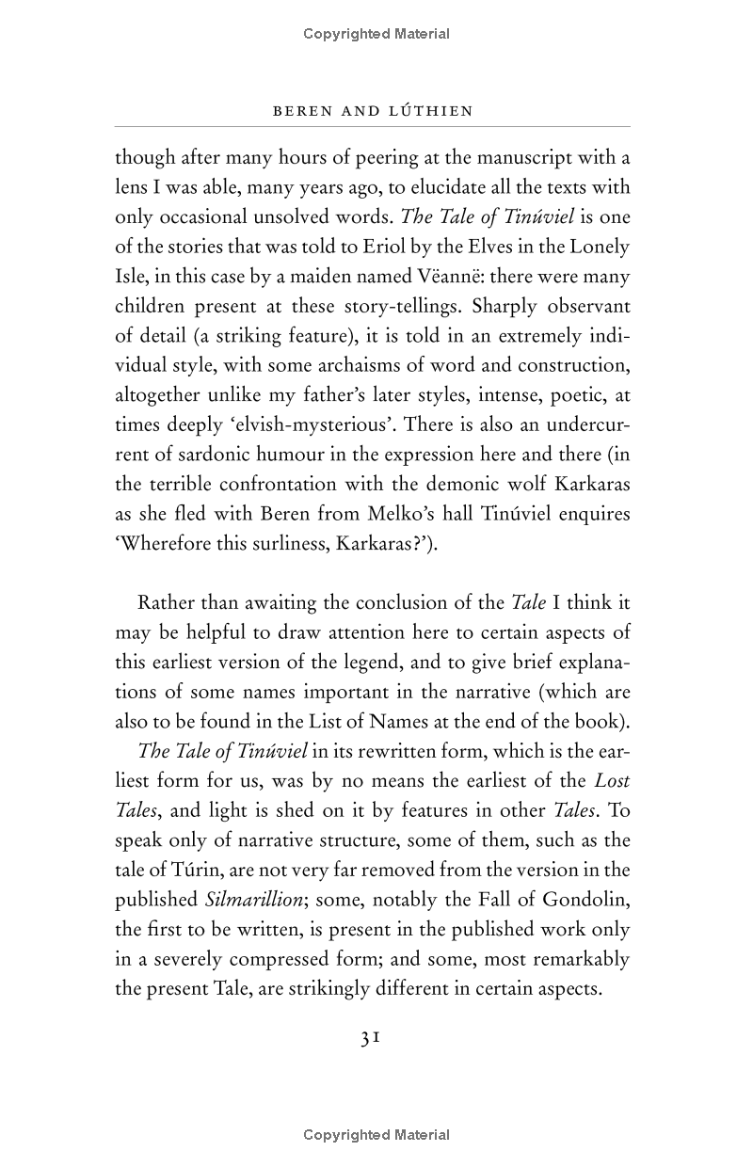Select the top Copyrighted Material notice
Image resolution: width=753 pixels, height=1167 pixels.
(x=376, y=34)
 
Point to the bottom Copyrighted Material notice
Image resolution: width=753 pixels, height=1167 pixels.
(x=376, y=1135)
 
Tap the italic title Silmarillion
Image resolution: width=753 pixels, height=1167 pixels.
(x=252, y=900)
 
